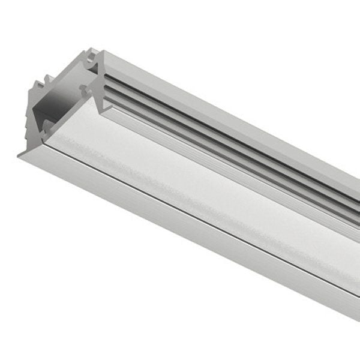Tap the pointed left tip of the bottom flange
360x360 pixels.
(x=20, y=155)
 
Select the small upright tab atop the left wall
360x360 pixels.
(x=45, y=81)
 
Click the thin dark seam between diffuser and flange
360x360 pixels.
(x=180, y=207)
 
